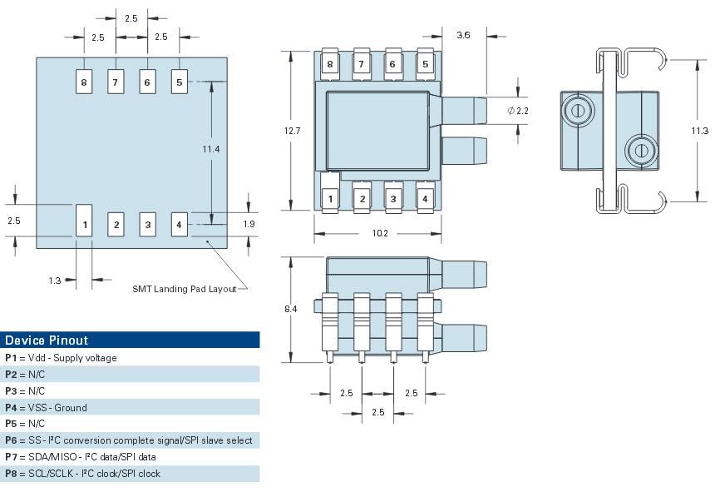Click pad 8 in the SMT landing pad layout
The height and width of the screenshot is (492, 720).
coord(84,82)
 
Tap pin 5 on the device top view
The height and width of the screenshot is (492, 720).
coord(425,63)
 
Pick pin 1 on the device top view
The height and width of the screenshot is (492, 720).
coord(330,198)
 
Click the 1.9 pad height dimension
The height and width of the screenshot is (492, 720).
coord(249,223)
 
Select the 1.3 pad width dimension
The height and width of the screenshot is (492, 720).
coord(55,281)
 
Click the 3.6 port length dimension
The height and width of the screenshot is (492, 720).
coord(464,35)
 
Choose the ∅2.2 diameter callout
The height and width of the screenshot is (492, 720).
coord(517,111)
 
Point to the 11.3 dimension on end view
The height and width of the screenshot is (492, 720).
coord(700,130)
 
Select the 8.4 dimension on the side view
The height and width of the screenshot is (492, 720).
coord(292,309)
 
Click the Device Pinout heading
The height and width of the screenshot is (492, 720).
coord(47,340)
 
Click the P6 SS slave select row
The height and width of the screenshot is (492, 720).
coord(128,440)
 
